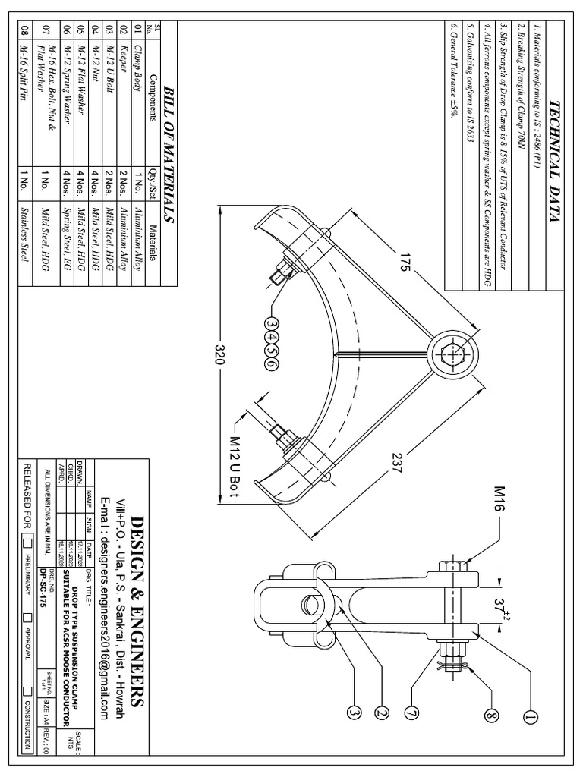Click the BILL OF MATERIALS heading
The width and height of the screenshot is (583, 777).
click(x=169, y=152)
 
